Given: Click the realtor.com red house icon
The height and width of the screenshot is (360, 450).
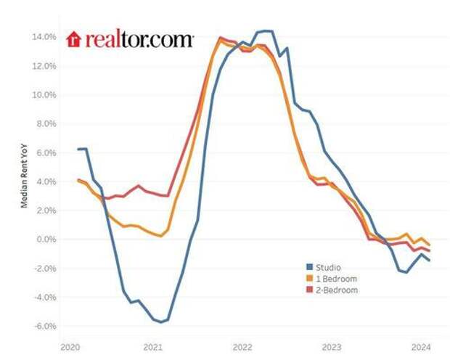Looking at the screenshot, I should coord(74,39).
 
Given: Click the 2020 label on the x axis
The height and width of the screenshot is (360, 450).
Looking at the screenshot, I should coord(70,346).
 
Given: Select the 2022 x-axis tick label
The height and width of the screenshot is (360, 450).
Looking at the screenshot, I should coord(242,346).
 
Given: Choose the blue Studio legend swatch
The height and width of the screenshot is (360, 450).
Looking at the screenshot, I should coord(308,267).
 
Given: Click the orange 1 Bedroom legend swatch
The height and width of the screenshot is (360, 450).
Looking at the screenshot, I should coord(308,278).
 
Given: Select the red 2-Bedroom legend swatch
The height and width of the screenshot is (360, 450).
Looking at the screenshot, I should coord(308,290).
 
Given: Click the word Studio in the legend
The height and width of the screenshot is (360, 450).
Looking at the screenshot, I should coord(328,267).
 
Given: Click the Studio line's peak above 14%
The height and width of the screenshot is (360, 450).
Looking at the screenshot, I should coord(265,31).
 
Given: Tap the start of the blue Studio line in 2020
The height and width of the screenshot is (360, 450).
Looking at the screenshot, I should coord(78,149).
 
